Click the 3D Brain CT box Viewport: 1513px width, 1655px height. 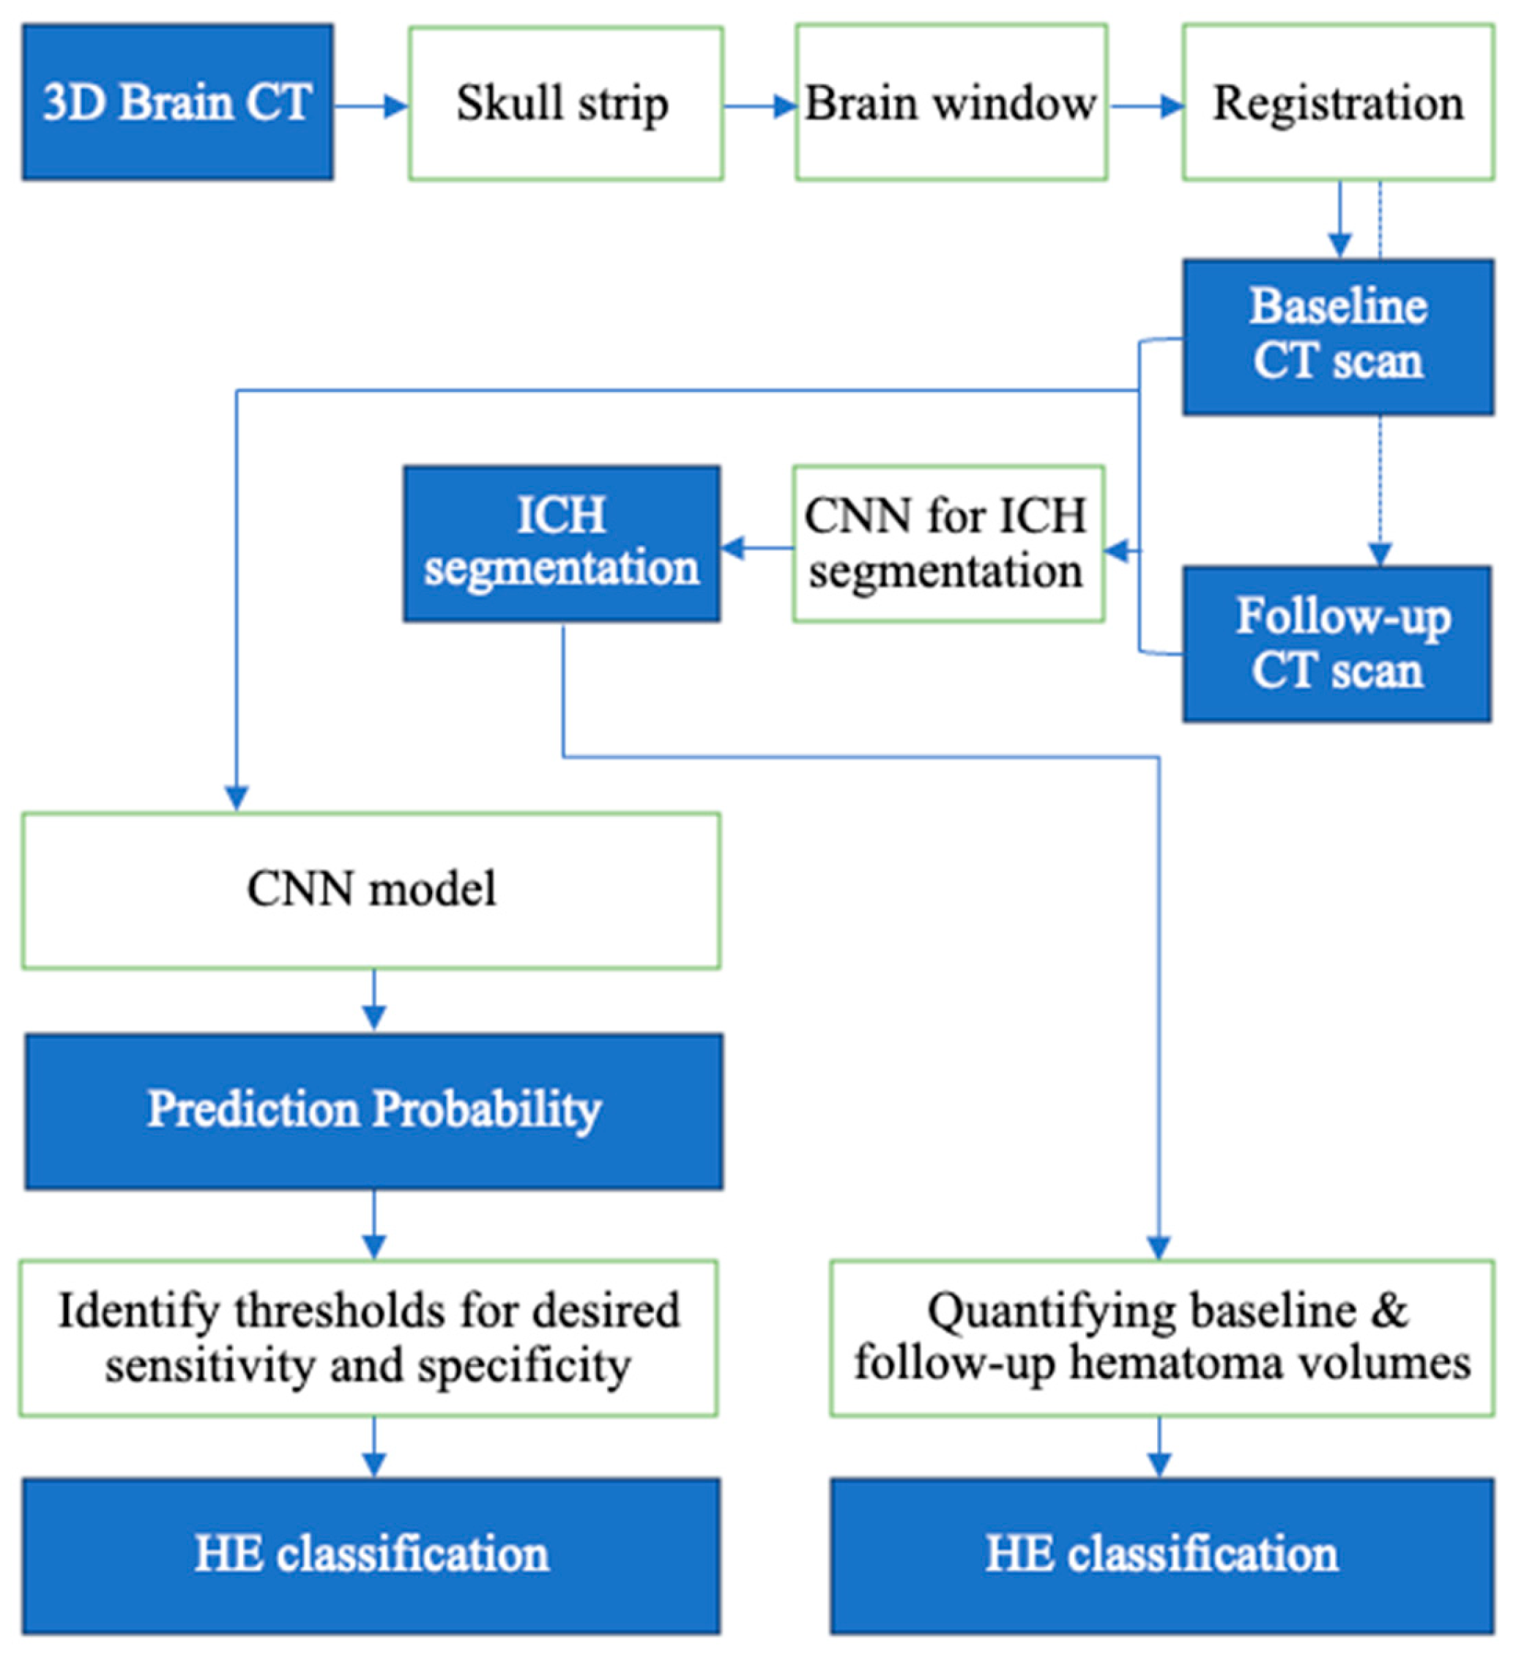click(x=177, y=102)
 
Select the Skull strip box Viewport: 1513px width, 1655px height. click(x=565, y=103)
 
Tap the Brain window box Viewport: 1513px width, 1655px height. click(x=951, y=103)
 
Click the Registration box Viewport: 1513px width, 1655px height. click(x=1337, y=103)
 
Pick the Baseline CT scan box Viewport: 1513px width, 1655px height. click(x=1337, y=336)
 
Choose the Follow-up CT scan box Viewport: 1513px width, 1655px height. click(x=1337, y=645)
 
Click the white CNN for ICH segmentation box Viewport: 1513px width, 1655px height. click(x=948, y=544)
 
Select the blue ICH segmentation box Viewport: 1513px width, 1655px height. click(x=561, y=544)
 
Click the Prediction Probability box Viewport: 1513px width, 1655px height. click(x=373, y=1111)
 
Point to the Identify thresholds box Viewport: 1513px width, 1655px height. click(x=368, y=1338)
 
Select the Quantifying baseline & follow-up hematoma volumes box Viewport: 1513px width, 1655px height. click(x=1161, y=1338)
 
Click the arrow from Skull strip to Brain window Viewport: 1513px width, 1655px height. click(x=759, y=106)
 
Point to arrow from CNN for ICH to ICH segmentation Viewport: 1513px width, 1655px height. click(x=756, y=547)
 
